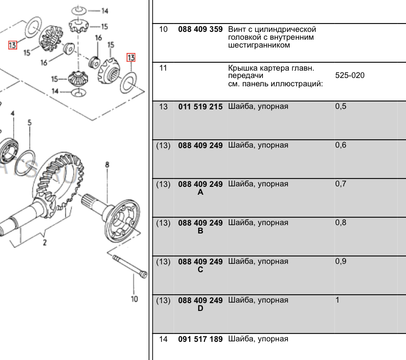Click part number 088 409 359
tap(200, 29)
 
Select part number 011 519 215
tap(200, 106)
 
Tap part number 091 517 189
tap(200, 339)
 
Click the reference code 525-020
tap(350, 76)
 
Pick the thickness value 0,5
tap(340, 106)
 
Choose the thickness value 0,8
tap(340, 223)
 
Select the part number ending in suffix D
tap(200, 304)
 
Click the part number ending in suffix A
tap(200, 188)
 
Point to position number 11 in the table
tap(163, 68)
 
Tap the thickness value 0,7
tap(340, 184)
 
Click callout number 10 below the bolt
tap(134, 299)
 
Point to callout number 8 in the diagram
tap(107, 165)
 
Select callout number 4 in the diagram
tap(13, 114)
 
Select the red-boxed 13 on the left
tap(13, 45)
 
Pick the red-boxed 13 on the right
tap(131, 57)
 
